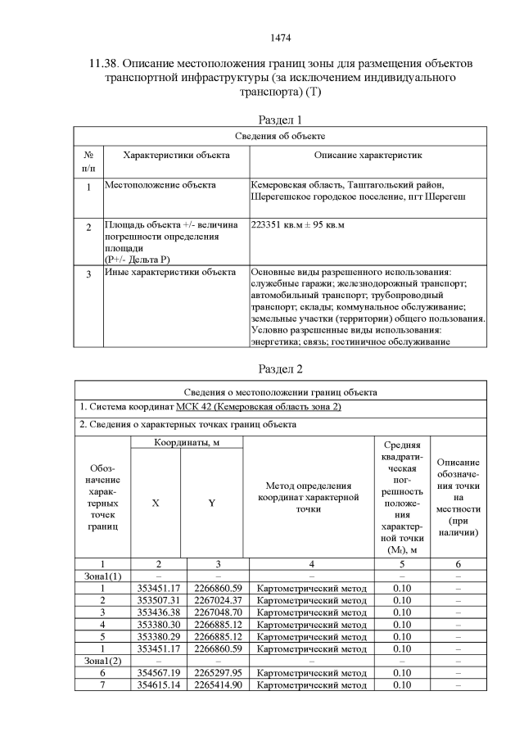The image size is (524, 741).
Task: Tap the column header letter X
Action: point(156,503)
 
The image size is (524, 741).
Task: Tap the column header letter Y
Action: point(211,503)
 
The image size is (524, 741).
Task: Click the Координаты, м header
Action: point(187,442)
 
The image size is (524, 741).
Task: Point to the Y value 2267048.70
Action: point(218,612)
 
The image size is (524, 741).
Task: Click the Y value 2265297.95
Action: point(218,672)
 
